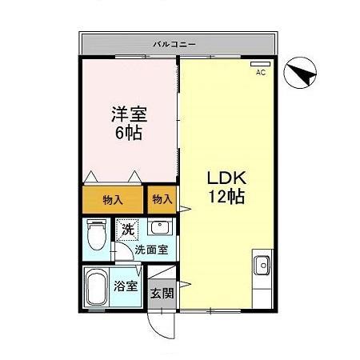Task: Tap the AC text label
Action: coord(260,72)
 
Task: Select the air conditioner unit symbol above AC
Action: coord(260,63)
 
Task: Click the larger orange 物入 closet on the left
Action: coord(112,198)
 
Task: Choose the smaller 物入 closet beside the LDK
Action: coord(161,198)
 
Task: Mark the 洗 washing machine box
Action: coord(128,230)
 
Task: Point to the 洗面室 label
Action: coord(150,250)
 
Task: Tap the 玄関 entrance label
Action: coord(162,293)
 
